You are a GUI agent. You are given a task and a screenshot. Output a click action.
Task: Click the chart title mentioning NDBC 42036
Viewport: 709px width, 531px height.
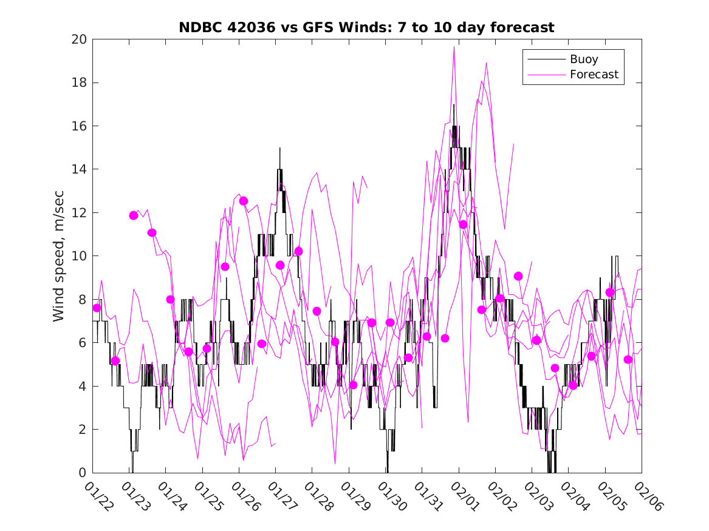(x=366, y=27)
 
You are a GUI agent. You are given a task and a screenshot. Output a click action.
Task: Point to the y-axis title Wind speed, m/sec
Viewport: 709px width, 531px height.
(x=59, y=256)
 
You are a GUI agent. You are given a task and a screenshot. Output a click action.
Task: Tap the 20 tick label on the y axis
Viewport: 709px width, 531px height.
(x=79, y=39)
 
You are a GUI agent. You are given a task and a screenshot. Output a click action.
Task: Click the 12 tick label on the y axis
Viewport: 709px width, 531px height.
(x=79, y=213)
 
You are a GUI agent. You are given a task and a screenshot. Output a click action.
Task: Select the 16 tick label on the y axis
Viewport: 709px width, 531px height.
(x=79, y=126)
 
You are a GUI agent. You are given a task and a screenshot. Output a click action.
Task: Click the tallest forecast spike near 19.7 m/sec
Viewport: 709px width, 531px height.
(x=454, y=47)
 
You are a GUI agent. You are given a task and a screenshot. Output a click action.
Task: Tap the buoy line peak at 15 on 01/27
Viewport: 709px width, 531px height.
(x=280, y=148)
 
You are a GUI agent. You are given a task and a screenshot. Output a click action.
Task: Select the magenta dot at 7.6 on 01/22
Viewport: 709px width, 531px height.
(x=97, y=308)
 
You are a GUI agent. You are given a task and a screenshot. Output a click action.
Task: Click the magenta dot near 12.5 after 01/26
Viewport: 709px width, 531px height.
(x=244, y=201)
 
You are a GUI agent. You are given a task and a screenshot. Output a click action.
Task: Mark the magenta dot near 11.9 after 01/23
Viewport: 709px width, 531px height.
(x=134, y=215)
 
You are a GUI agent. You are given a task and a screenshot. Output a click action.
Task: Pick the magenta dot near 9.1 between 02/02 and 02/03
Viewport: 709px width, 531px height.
(x=518, y=276)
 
